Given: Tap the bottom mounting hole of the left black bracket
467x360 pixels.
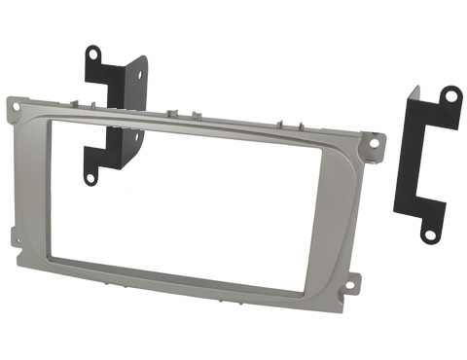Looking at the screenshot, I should pos(89,178).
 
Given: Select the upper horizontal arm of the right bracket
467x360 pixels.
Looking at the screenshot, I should pos(428,110).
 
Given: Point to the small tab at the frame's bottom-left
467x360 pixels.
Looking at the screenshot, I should pos(14,234).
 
